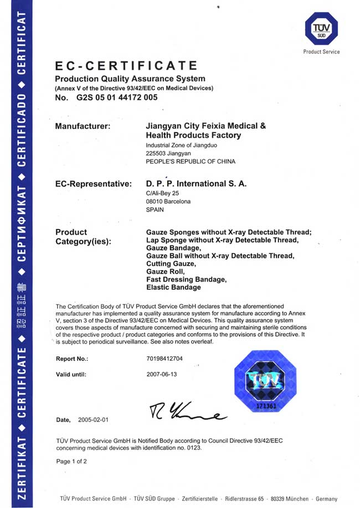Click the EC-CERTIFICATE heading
(x=126, y=66)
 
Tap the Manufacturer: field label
(x=83, y=126)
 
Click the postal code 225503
(x=156, y=153)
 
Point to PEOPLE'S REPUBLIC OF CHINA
(x=190, y=162)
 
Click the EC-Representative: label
(x=94, y=184)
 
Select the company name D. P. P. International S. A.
(x=196, y=184)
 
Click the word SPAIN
(x=155, y=210)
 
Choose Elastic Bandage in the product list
(x=173, y=288)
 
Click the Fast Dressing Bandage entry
(x=186, y=280)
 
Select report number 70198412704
(x=164, y=359)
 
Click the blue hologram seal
(x=265, y=381)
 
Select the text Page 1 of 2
(x=71, y=461)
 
